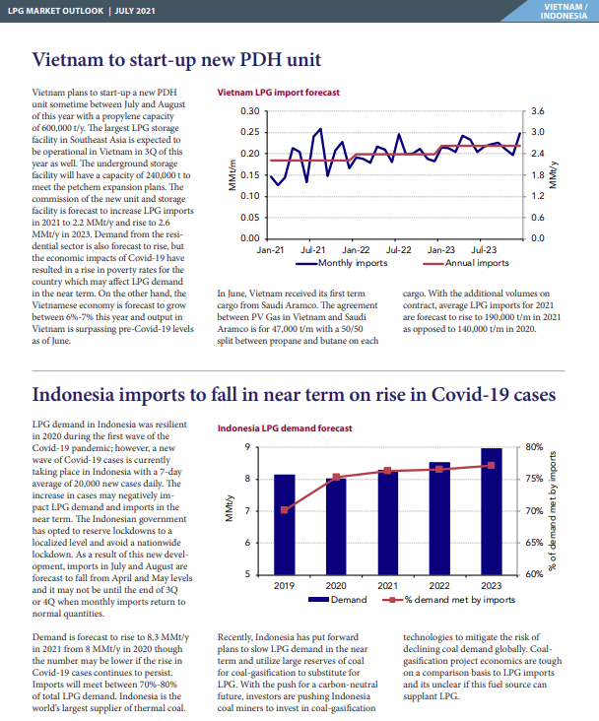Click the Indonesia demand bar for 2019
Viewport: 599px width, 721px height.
[285, 525]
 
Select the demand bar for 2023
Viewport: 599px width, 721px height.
[492, 511]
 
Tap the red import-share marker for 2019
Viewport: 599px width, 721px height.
[285, 510]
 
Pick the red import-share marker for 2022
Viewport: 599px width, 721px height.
[439, 469]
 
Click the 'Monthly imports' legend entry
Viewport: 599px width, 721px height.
[341, 263]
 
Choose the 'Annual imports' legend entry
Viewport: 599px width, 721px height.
[466, 263]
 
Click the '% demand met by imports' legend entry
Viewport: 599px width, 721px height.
[448, 600]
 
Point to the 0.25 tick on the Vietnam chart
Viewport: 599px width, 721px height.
[250, 132]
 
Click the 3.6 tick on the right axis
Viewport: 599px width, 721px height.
[538, 111]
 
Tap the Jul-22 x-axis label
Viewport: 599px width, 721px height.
[398, 250]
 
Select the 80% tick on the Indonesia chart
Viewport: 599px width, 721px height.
[534, 447]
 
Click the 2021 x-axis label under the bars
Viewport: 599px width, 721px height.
[388, 586]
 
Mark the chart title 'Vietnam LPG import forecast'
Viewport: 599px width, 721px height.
[279, 93]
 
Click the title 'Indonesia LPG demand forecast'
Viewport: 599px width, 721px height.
[285, 428]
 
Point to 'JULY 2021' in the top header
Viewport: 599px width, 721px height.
[135, 11]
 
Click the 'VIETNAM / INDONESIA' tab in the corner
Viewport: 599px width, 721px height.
[564, 11]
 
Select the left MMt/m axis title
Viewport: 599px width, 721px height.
[232, 175]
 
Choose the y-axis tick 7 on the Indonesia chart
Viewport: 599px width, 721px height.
[247, 511]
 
